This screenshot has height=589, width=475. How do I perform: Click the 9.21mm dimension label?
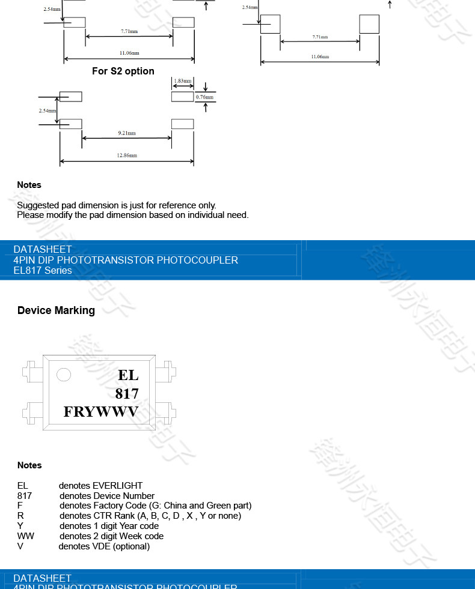pos(127,133)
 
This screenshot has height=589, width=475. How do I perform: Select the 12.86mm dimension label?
pos(127,156)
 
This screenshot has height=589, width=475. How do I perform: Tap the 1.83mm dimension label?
pos(182,81)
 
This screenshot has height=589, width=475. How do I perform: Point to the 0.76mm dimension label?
pos(205,97)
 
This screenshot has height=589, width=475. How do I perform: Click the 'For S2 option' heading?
pos(123,71)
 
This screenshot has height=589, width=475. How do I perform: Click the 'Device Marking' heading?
pos(56,310)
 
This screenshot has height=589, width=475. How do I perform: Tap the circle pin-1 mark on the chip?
pos(63,375)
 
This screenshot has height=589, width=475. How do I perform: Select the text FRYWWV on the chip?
pos(101,412)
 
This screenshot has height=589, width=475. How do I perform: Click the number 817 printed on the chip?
pos(127,393)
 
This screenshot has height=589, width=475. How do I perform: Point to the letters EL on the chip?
pos(128,375)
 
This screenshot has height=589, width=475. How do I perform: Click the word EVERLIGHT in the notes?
pos(118,486)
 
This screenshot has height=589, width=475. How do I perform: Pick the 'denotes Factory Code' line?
pos(155,506)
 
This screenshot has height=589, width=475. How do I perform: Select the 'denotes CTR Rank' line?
pos(150,516)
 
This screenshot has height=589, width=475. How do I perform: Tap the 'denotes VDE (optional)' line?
pos(104,546)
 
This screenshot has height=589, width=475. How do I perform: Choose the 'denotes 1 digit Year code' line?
pos(109,526)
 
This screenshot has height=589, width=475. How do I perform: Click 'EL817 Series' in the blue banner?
pos(43,270)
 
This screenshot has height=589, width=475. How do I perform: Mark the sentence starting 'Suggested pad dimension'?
pos(117,205)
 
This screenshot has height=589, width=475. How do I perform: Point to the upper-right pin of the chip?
pos(164,371)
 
